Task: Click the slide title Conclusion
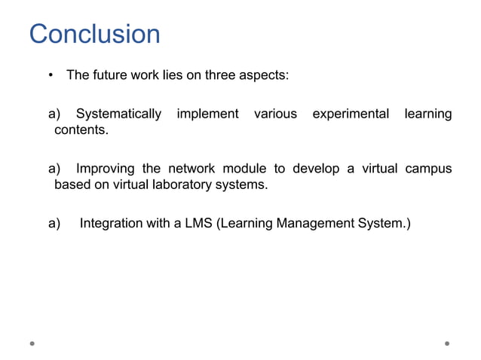tap(94, 35)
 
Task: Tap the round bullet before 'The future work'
tap(50, 75)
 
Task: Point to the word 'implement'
tap(207, 114)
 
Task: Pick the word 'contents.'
tap(81, 130)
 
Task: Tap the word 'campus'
tap(427, 168)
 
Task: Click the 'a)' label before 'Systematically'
tap(54, 114)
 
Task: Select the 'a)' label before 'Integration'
tap(54, 223)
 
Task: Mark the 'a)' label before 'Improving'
tap(54, 168)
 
